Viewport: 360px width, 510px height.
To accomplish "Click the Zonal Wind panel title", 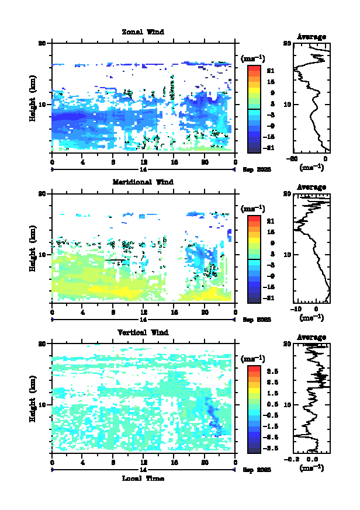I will pyautogui.click(x=143, y=32).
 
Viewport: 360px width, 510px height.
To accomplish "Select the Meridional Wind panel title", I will pyautogui.click(x=143, y=182).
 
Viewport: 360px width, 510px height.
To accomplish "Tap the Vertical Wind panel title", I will pyautogui.click(x=143, y=332).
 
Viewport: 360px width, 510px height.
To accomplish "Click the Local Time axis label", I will pyautogui.click(x=143, y=478).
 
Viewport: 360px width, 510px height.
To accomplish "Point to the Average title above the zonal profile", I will pyautogui.click(x=311, y=37).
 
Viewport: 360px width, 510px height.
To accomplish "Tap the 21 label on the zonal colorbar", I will pyautogui.click(x=271, y=71).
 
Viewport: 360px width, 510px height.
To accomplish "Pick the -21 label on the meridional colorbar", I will pyautogui.click(x=271, y=298).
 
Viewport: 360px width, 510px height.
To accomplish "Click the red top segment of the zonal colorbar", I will pyautogui.click(x=254, y=69).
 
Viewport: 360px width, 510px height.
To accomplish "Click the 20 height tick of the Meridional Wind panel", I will pyautogui.click(x=42, y=193).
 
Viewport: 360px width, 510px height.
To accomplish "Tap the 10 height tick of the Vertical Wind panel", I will pyautogui.click(x=42, y=404).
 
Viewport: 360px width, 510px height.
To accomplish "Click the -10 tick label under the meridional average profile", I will pyautogui.click(x=296, y=309).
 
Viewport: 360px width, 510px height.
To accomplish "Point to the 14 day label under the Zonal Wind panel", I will pyautogui.click(x=143, y=169).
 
